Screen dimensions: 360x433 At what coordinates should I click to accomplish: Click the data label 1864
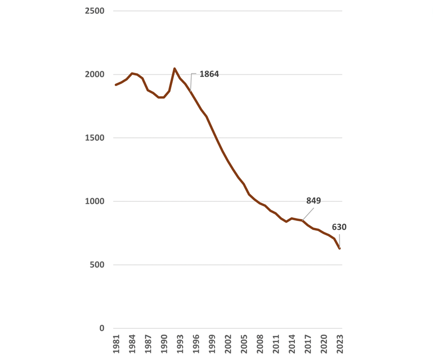(209, 74)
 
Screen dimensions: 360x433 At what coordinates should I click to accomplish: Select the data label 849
(313, 201)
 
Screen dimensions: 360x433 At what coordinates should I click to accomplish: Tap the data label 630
(339, 227)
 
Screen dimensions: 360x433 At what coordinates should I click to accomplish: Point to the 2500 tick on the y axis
(95, 11)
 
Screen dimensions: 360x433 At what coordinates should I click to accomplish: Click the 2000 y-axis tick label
(95, 74)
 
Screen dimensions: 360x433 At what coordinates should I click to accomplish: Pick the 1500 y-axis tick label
(95, 138)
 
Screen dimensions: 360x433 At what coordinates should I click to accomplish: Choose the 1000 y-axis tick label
(95, 201)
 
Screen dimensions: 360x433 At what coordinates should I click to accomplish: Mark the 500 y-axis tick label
(97, 265)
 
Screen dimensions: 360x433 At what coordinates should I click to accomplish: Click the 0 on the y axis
(102, 328)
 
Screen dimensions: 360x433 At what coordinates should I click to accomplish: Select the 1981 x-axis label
(116, 344)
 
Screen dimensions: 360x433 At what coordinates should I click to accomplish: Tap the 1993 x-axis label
(180, 344)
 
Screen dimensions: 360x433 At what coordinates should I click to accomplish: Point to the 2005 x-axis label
(244, 344)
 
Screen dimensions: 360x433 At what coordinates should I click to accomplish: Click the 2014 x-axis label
(292, 344)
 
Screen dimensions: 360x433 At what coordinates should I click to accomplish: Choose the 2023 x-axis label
(340, 344)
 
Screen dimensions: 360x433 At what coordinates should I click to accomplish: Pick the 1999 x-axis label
(212, 344)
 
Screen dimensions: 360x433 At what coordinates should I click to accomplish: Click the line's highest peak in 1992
(174, 69)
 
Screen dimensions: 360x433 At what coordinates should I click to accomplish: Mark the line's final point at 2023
(340, 248)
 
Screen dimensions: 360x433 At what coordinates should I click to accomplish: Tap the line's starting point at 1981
(116, 85)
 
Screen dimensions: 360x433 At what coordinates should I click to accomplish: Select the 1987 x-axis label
(148, 344)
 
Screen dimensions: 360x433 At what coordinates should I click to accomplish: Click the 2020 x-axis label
(324, 344)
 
